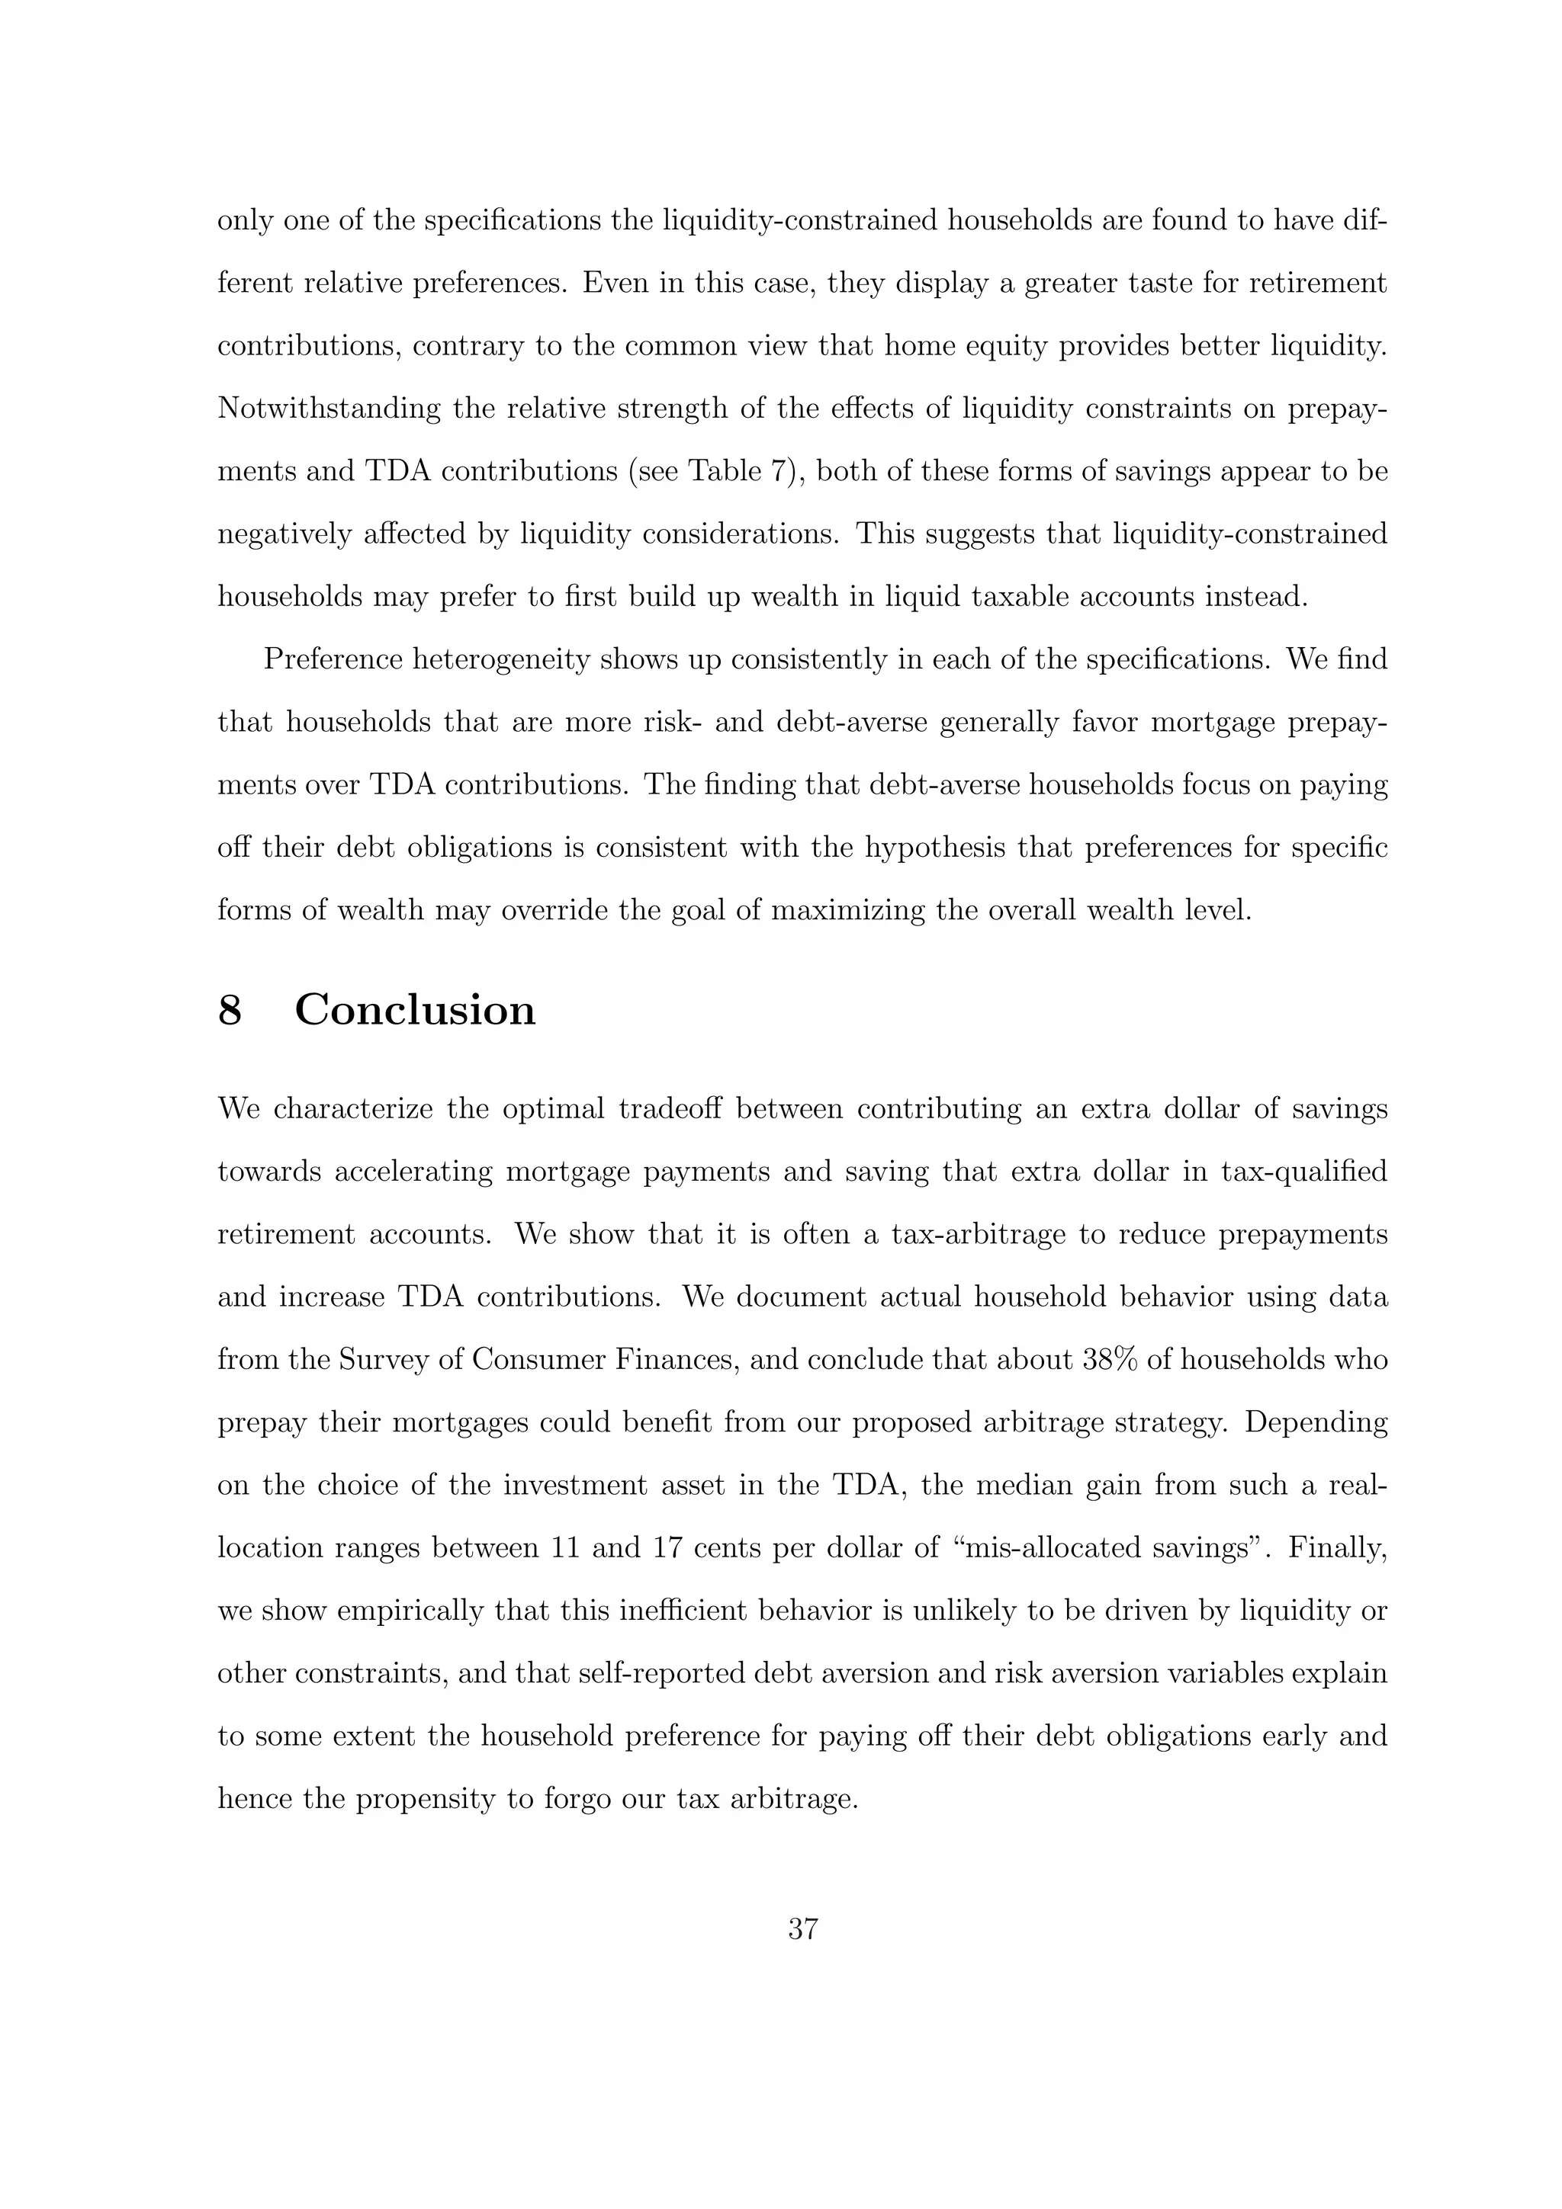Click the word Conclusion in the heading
tap(415, 1010)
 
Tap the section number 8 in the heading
tap(230, 1010)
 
